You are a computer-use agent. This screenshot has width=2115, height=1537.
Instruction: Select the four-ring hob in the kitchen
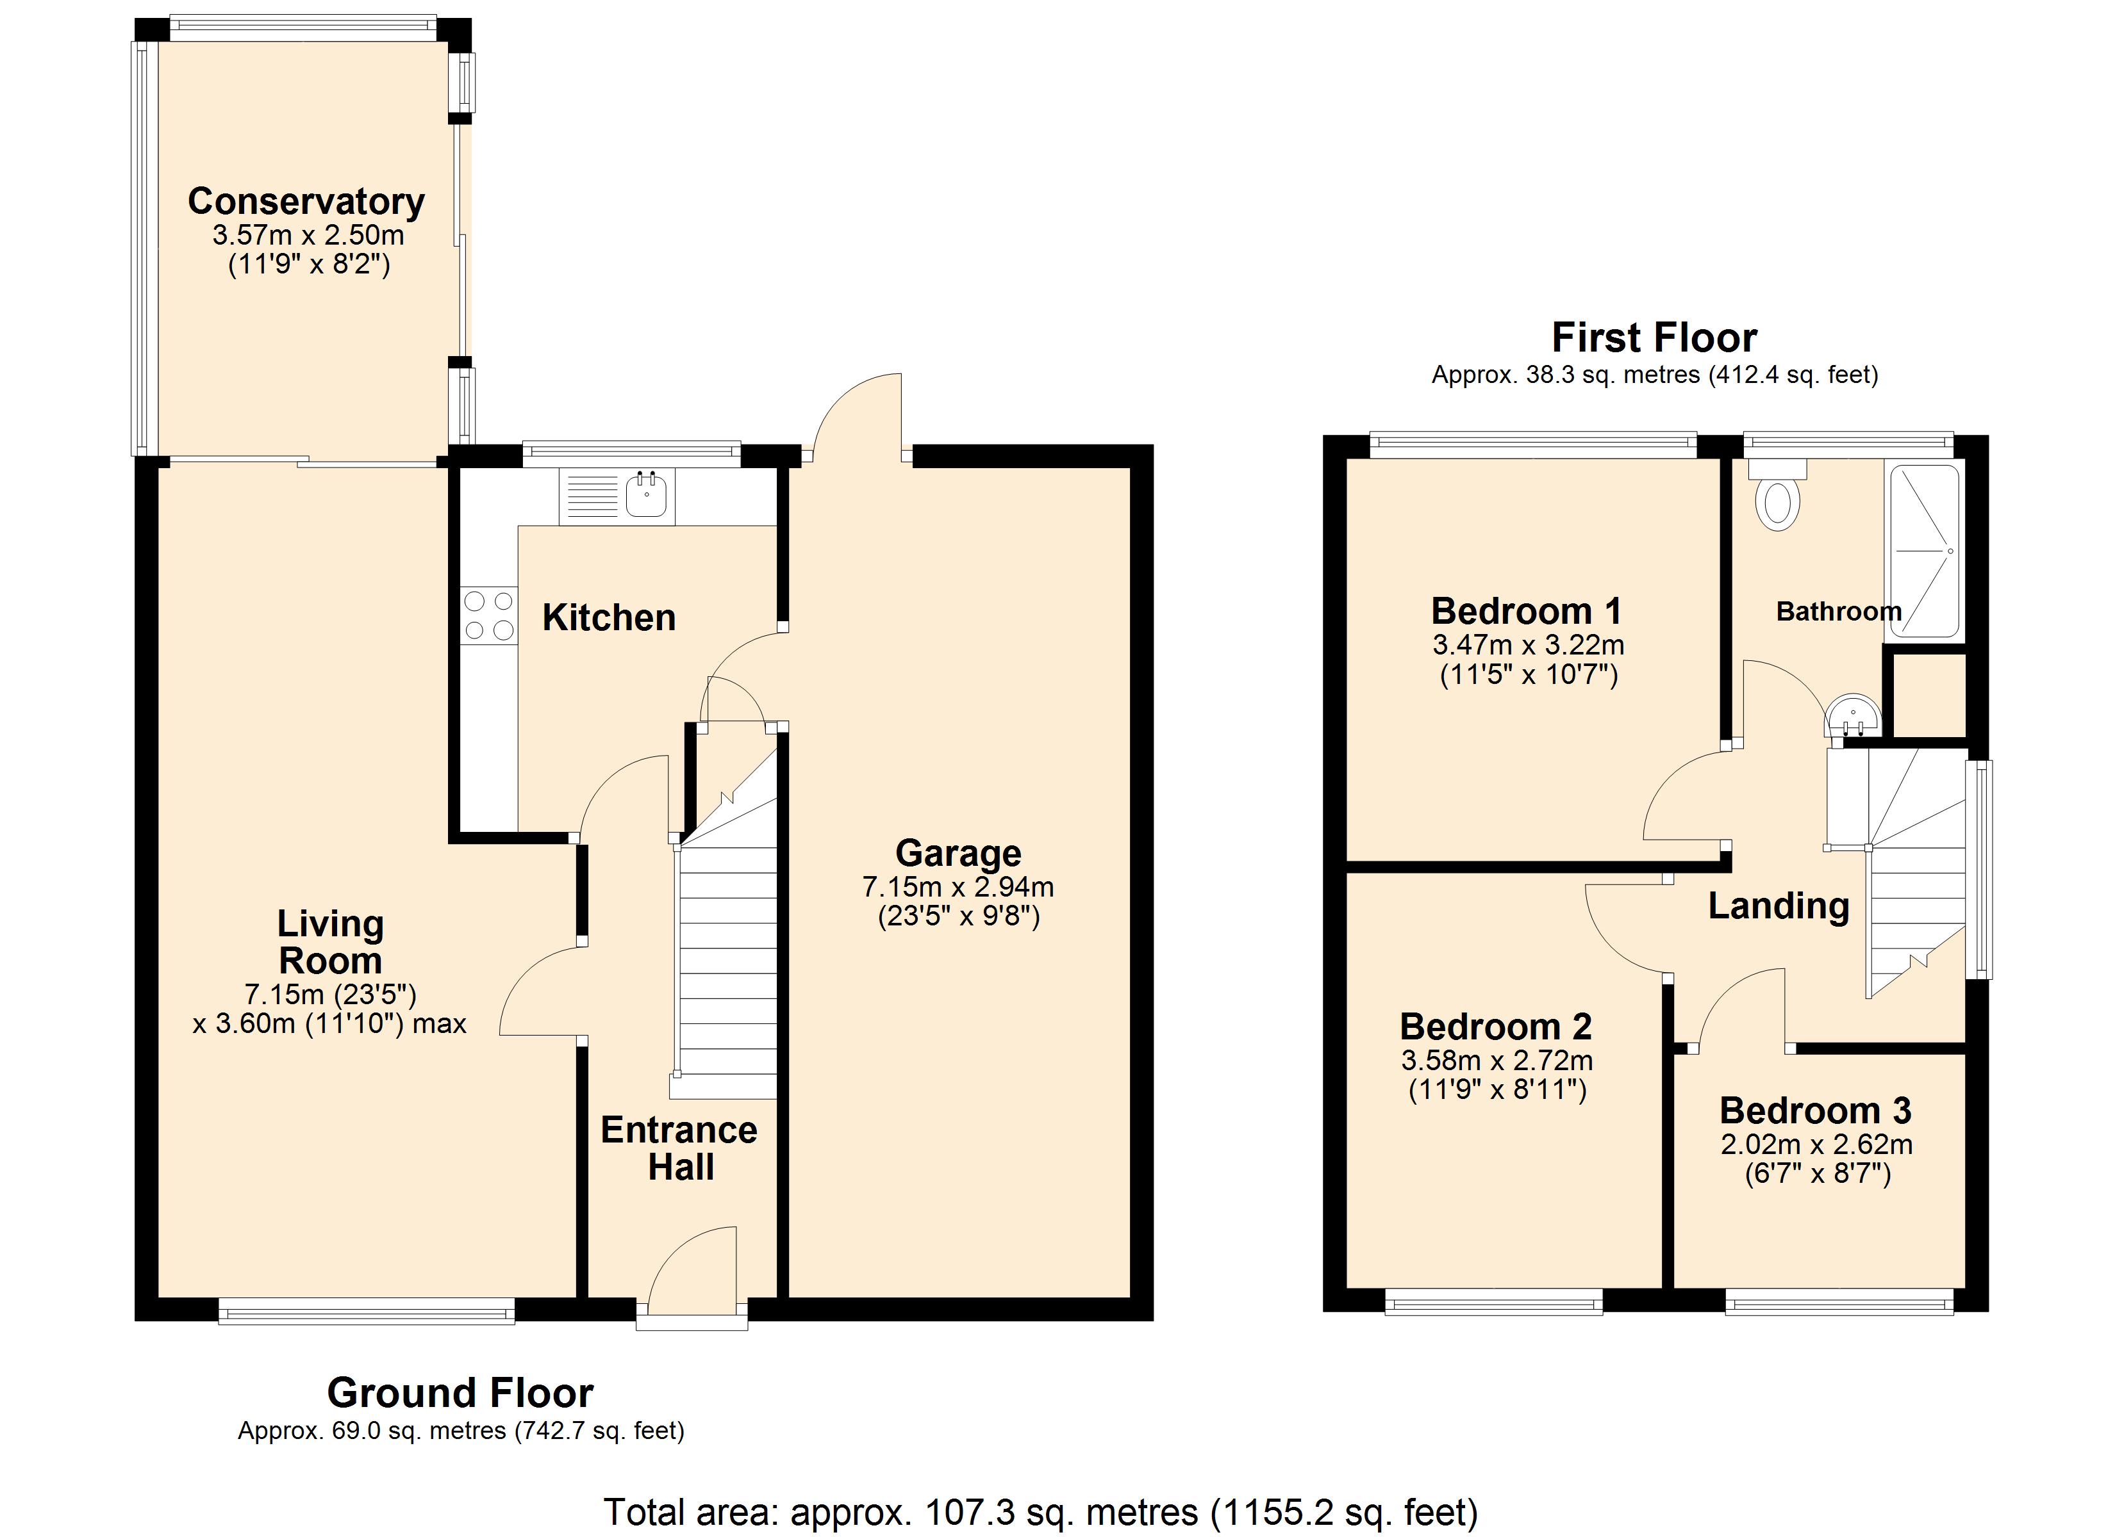click(488, 615)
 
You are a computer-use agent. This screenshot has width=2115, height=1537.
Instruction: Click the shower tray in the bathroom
click(1925, 552)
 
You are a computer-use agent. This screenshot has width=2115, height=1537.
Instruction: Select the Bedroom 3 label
click(1816, 1110)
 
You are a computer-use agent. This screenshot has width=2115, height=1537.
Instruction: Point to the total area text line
click(1041, 1513)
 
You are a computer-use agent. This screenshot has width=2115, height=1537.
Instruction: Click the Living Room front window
click(367, 1310)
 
